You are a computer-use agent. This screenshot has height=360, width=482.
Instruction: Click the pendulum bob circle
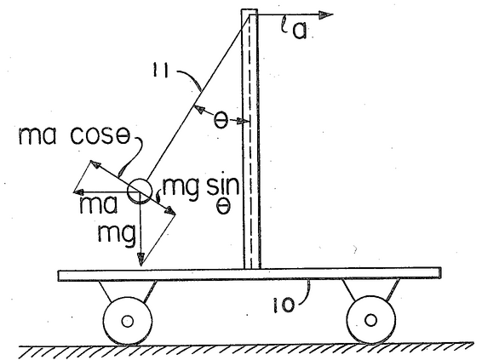coord(140,191)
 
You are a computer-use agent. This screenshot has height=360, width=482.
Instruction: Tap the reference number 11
coord(160,71)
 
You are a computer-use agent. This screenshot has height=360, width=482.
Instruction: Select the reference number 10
coord(284,305)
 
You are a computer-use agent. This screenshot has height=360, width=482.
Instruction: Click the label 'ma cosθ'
coord(74,136)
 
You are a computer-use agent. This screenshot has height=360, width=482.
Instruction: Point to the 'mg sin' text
coord(201,188)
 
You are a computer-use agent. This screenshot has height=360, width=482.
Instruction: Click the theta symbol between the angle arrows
coord(221,121)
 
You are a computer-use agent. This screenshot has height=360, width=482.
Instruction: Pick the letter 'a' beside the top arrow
coord(300,31)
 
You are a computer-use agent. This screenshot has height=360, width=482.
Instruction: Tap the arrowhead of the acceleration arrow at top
coord(325,15)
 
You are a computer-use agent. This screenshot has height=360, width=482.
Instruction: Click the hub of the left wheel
coord(127,322)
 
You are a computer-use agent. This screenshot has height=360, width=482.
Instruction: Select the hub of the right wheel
coord(370,320)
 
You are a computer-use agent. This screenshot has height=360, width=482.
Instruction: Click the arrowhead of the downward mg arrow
coord(141,260)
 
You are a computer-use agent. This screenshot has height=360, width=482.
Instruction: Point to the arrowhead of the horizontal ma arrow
coord(79,192)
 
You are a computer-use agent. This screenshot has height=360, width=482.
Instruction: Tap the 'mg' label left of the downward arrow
coord(117,235)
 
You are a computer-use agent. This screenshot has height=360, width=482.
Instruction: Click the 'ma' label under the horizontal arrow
coord(99,205)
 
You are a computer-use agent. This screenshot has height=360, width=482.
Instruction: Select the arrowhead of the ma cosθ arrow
coord(95,164)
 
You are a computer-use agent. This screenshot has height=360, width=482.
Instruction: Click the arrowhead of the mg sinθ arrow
coord(170,211)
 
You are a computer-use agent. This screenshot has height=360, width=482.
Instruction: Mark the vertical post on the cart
coord(250,139)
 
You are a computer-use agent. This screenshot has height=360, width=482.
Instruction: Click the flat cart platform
coord(250,274)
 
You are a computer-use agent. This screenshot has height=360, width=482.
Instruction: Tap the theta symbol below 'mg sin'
coord(223,208)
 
